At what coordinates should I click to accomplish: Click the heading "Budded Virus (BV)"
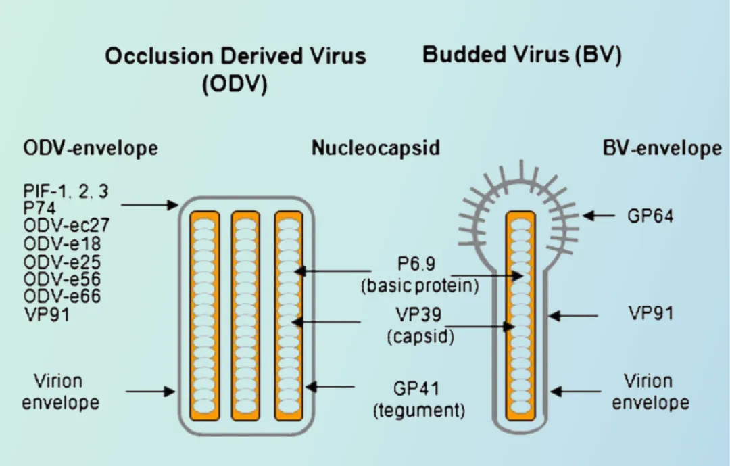click(x=522, y=55)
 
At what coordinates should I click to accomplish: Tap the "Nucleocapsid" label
click(x=376, y=147)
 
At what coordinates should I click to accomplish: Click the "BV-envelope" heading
click(x=662, y=147)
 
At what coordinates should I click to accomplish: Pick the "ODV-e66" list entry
click(x=62, y=296)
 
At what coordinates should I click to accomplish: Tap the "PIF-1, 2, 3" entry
click(x=65, y=191)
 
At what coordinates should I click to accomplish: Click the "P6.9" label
click(x=420, y=262)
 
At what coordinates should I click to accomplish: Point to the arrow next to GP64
click(x=599, y=216)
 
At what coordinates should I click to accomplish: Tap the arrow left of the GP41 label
click(x=331, y=387)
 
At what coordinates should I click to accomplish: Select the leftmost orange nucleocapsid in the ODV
click(x=204, y=315)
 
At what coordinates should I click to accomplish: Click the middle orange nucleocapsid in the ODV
click(x=246, y=315)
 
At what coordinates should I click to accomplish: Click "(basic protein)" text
click(x=420, y=285)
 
